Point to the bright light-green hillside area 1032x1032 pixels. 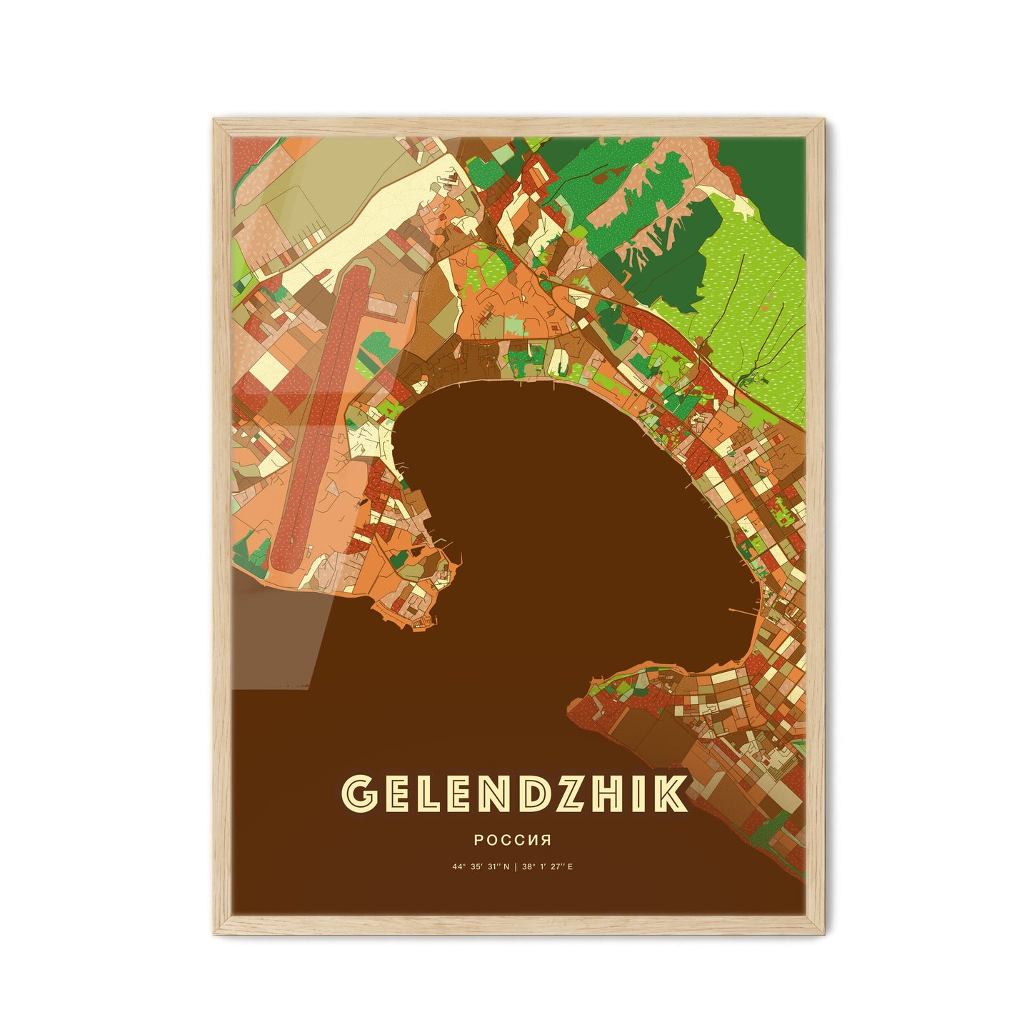point(750,286)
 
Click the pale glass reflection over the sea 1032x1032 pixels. point(279,636)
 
